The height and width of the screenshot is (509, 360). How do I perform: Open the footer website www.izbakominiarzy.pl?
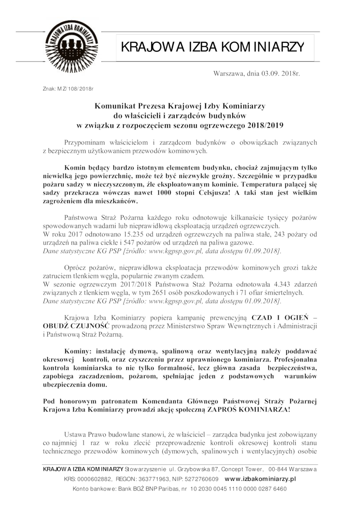[x=260, y=479]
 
